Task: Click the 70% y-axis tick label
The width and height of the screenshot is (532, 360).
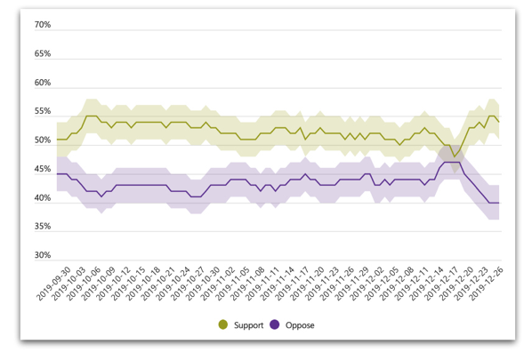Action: click(x=43, y=25)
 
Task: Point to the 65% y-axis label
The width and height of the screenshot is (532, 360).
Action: click(x=43, y=53)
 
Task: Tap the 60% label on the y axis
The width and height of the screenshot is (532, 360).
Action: click(x=43, y=83)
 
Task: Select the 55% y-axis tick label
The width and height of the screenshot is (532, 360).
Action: click(x=43, y=111)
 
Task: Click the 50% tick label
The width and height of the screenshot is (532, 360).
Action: click(x=43, y=140)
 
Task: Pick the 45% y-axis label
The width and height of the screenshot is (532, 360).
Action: click(x=43, y=169)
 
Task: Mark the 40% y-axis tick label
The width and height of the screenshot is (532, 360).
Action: click(x=43, y=197)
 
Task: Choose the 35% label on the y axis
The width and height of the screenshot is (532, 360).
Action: click(x=43, y=227)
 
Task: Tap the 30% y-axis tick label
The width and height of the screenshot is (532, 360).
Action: click(x=43, y=255)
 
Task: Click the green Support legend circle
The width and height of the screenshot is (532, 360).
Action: click(x=223, y=324)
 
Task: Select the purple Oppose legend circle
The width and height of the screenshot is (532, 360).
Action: click(x=275, y=324)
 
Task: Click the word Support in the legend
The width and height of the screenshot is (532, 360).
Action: click(x=249, y=325)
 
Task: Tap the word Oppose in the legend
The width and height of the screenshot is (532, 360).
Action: click(x=300, y=325)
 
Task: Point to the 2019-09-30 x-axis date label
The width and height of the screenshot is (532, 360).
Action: click(x=53, y=284)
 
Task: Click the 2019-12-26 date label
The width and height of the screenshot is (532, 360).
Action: click(x=486, y=284)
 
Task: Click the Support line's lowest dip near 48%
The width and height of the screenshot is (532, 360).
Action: click(x=455, y=156)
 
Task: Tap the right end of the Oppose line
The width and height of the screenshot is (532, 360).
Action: click(x=499, y=203)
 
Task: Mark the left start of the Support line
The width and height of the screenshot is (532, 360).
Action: click(x=57, y=140)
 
